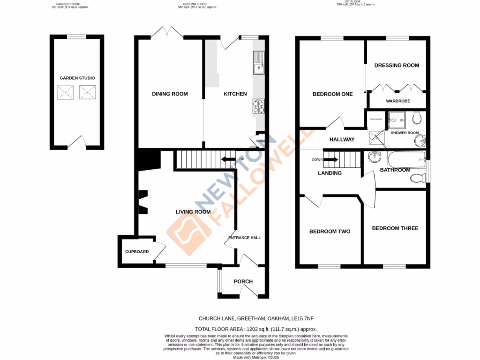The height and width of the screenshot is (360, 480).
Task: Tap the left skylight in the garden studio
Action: [x=65, y=93]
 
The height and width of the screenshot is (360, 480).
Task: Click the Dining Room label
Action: [x=170, y=94]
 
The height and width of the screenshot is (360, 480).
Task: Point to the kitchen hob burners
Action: [x=258, y=107]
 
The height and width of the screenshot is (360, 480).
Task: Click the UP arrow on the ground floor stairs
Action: [x=229, y=159]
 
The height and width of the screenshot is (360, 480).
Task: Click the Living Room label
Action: [x=193, y=212]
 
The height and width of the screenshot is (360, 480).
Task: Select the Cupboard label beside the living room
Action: [x=137, y=252]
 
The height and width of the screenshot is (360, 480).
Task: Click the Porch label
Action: [x=243, y=282]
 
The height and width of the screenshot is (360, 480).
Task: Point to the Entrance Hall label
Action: [x=244, y=238]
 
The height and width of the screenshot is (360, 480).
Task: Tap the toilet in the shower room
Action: [x=417, y=119]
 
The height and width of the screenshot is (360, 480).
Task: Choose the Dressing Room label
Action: [x=397, y=65]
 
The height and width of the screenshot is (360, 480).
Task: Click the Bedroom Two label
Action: [x=330, y=232]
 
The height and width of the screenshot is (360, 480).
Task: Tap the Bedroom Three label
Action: [x=395, y=228]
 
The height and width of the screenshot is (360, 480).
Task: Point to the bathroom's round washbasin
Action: [x=375, y=157]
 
